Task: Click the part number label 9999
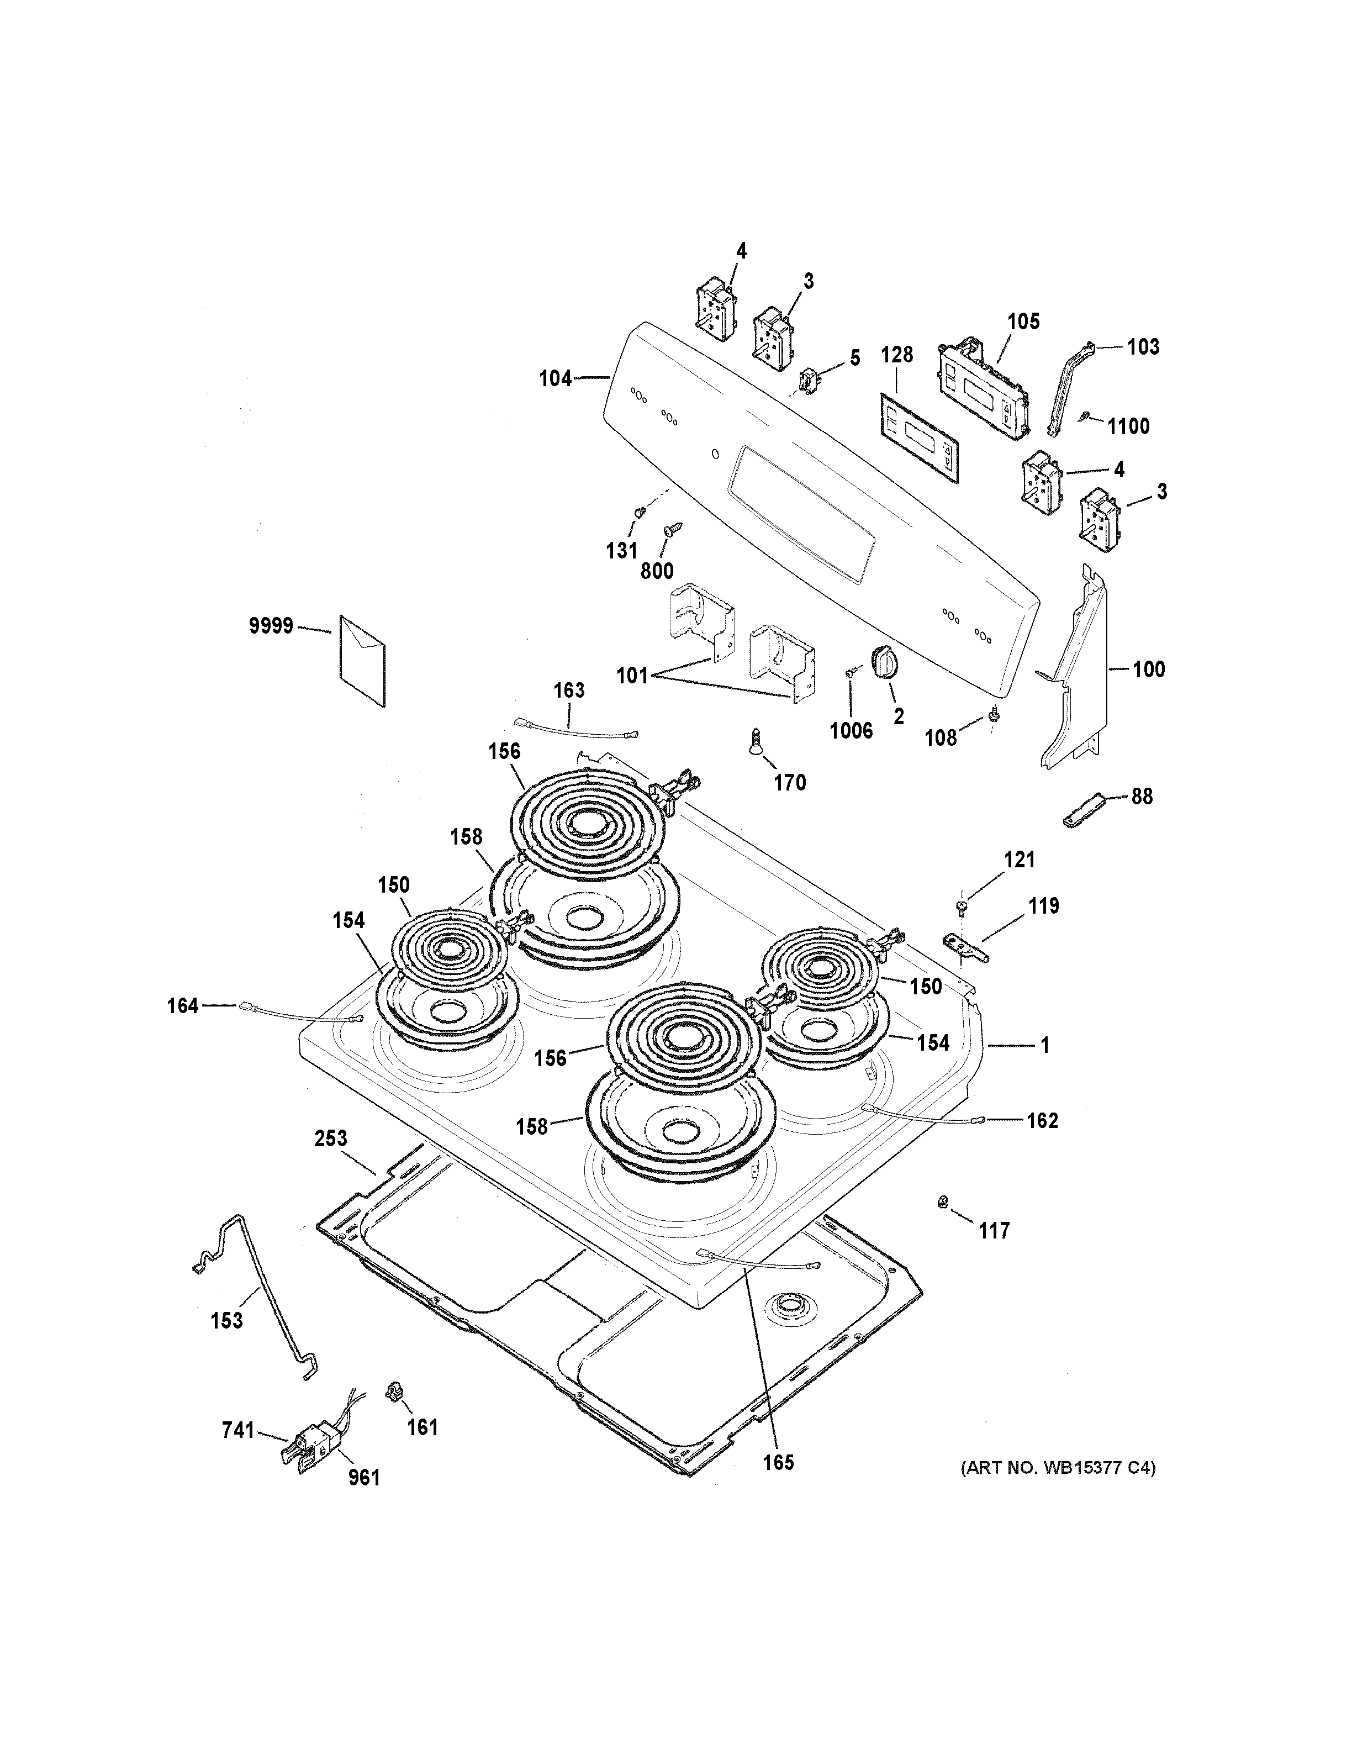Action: pos(271,626)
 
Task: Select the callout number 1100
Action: pos(1128,426)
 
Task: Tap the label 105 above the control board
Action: pos(1023,321)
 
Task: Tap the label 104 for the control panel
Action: pos(555,378)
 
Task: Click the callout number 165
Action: pos(778,1462)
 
